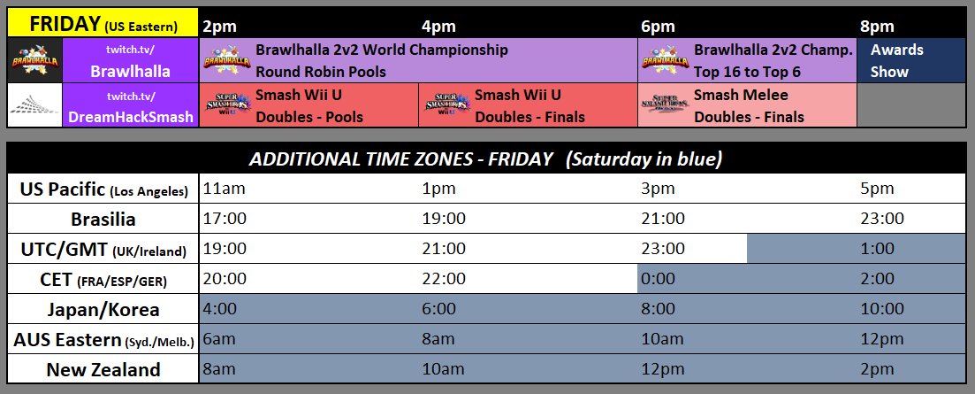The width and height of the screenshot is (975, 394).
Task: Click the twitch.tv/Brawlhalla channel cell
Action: point(132,61)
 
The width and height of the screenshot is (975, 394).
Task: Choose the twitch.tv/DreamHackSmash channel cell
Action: point(132,105)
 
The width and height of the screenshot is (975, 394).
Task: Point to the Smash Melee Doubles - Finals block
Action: point(748,105)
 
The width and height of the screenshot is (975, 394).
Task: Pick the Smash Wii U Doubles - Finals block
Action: point(528,105)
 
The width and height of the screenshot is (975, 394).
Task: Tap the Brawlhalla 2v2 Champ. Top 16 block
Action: point(748,61)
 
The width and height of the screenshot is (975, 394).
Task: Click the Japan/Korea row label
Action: point(103,309)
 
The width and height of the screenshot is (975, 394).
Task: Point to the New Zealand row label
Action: point(103,369)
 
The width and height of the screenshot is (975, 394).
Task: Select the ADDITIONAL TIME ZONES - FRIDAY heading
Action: point(486,159)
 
